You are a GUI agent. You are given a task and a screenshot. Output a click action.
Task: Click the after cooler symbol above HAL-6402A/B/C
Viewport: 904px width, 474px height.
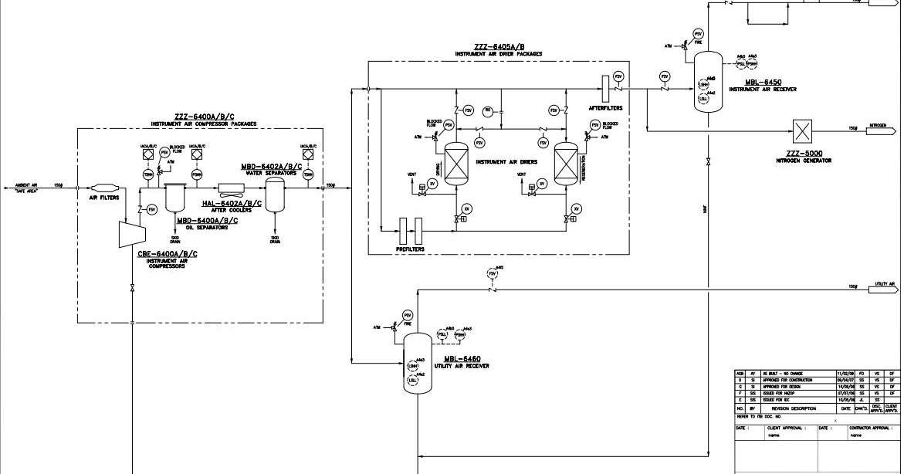(231, 187)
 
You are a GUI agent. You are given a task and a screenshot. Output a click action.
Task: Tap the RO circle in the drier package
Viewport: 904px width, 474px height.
(487, 110)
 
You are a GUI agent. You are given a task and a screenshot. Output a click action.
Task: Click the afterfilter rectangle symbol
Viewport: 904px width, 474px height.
(605, 84)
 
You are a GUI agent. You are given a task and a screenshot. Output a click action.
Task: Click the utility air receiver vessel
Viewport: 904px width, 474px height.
(418, 364)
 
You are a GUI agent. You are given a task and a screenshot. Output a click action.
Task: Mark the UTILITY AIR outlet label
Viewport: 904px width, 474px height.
(879, 285)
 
